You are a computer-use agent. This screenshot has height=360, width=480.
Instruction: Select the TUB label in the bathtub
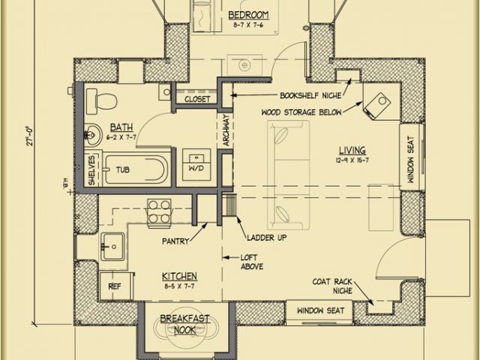coord(123,170)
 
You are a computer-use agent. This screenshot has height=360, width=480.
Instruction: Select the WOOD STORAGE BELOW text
coord(301,112)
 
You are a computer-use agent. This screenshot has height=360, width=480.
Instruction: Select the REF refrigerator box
coord(114,286)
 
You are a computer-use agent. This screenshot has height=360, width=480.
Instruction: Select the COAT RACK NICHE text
coord(334,285)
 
